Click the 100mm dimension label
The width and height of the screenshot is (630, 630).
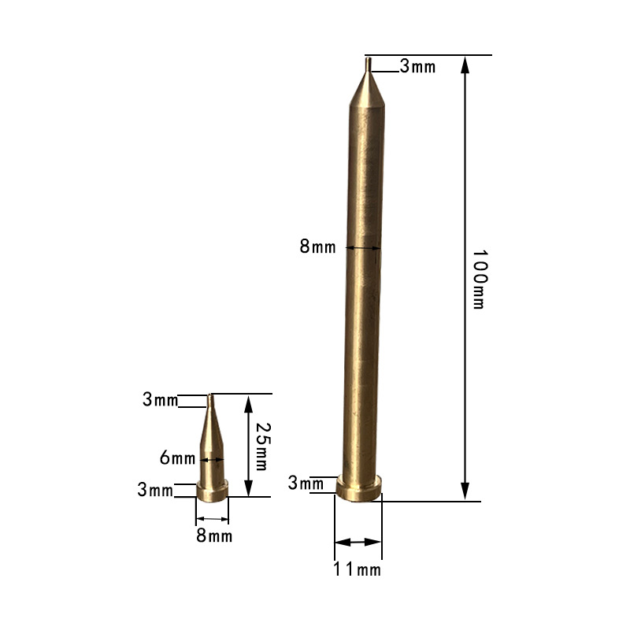(x=478, y=279)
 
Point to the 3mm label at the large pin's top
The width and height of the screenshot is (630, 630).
(x=417, y=67)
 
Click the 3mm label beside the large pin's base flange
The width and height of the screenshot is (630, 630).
(x=306, y=483)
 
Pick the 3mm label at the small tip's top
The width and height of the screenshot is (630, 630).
(x=160, y=399)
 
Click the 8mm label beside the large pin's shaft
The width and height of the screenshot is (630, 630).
(x=317, y=246)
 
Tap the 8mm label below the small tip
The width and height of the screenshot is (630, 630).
(x=213, y=537)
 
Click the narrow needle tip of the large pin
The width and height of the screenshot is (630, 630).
(x=368, y=65)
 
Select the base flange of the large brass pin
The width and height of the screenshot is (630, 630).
(x=359, y=488)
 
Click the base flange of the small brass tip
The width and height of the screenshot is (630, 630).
(x=212, y=492)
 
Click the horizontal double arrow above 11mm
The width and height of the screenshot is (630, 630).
(x=358, y=542)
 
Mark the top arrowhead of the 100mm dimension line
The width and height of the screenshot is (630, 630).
(x=465, y=64)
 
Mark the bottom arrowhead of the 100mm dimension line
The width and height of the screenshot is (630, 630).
(x=465, y=492)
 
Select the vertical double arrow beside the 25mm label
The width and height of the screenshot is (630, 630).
(x=248, y=445)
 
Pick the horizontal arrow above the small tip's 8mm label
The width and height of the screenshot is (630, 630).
(x=212, y=518)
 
